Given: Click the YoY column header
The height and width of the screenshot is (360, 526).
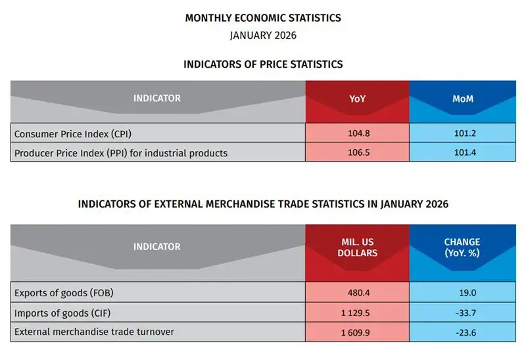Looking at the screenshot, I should [x=357, y=99].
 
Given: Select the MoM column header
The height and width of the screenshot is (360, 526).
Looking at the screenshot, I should [x=462, y=99].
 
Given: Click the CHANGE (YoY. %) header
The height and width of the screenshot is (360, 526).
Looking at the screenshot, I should [x=462, y=247].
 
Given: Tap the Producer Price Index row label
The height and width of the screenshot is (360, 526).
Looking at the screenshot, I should [x=121, y=153].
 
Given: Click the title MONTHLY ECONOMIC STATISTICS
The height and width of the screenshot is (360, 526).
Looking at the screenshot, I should [x=263, y=18].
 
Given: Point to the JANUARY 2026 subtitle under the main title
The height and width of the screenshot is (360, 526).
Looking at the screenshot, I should [x=263, y=35].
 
